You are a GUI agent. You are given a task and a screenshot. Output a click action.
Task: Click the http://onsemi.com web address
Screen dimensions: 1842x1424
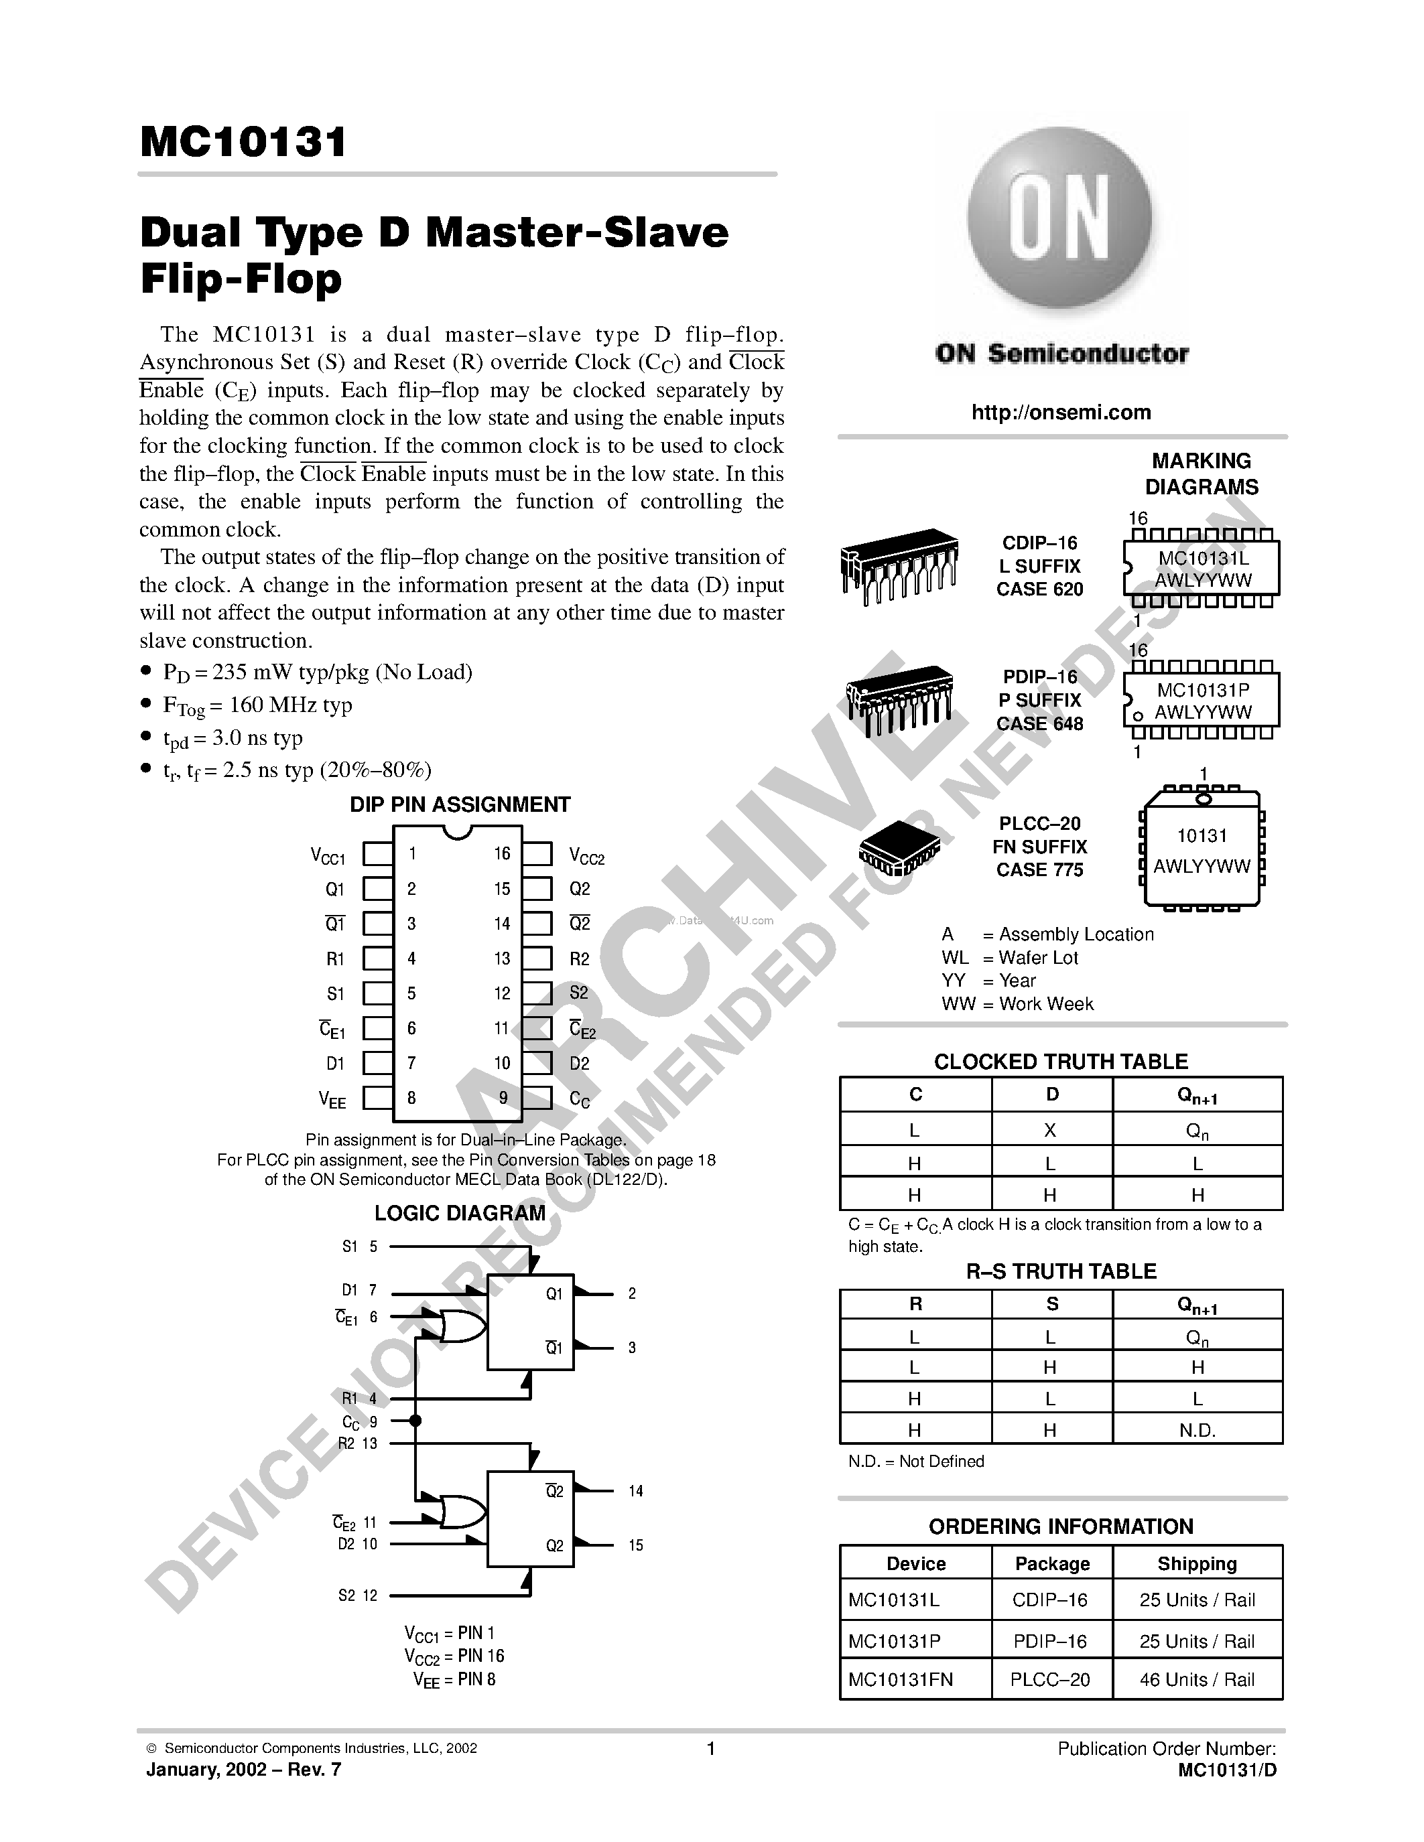(x=1060, y=413)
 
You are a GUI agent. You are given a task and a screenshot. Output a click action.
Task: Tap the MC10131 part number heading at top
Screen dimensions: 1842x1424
(x=243, y=142)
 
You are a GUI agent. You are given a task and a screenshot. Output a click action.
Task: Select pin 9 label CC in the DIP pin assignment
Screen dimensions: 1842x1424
(x=580, y=1099)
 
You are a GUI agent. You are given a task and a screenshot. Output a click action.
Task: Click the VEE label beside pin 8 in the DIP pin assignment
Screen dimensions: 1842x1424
(x=332, y=1099)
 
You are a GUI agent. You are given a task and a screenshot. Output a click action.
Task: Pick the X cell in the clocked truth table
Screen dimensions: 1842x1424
(x=1050, y=1130)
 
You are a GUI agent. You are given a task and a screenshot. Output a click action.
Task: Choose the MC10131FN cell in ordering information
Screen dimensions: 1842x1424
(x=900, y=1679)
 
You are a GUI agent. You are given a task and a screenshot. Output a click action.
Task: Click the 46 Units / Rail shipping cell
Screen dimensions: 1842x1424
(x=1197, y=1679)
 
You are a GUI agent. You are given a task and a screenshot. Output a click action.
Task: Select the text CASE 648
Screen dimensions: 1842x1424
(x=1039, y=723)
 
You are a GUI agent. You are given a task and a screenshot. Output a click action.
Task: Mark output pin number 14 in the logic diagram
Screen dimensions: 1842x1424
(x=635, y=1491)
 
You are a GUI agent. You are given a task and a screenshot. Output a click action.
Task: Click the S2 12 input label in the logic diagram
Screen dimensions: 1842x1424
(x=358, y=1595)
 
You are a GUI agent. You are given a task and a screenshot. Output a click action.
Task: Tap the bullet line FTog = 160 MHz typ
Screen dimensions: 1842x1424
(x=257, y=705)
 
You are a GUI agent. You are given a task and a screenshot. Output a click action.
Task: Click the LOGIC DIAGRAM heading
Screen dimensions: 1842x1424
(x=460, y=1213)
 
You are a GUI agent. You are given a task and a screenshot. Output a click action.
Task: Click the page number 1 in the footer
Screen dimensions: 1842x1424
(x=710, y=1748)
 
